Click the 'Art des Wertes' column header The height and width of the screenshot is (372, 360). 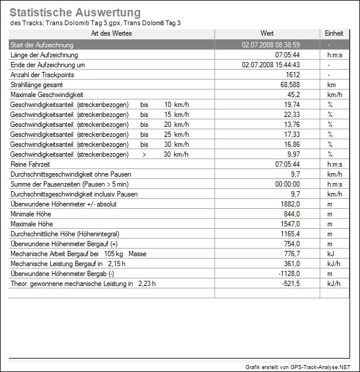point(112,33)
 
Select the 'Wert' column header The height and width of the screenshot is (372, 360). point(266,33)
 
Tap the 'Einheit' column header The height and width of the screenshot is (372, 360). point(334,33)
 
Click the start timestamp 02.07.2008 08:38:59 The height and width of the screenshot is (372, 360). point(271,44)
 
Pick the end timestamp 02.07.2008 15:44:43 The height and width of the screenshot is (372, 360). point(271,65)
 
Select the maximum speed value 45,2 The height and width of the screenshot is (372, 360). point(293,95)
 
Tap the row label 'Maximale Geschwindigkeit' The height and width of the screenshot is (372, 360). point(47,95)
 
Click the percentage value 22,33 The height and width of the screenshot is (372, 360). point(291,115)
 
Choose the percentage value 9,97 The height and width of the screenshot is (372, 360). point(293,154)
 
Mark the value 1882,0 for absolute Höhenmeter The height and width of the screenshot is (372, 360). point(290,204)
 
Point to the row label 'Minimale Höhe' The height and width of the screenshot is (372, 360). point(31,214)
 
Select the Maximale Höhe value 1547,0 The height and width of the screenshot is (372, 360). point(290,224)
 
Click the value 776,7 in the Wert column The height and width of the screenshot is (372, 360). point(291,254)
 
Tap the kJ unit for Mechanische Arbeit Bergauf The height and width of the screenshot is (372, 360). point(330,254)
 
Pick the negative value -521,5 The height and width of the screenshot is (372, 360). point(290,284)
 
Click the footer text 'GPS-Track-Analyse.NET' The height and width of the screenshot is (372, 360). point(324,367)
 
